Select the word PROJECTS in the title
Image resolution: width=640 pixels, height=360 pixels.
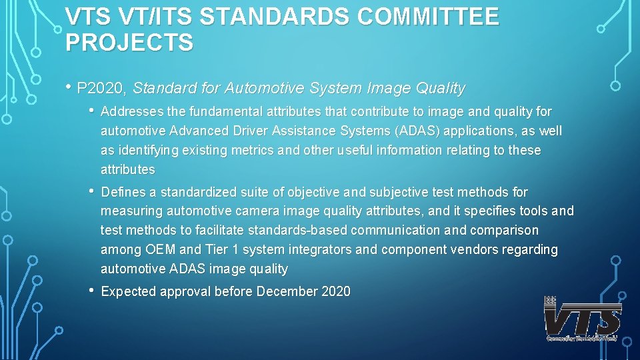click(x=130, y=42)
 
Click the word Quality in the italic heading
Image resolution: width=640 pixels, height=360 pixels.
click(x=440, y=88)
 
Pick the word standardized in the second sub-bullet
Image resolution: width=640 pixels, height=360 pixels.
click(x=201, y=192)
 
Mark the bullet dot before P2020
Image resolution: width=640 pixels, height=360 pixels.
click(x=69, y=87)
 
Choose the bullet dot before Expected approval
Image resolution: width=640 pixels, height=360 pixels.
click(x=91, y=291)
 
